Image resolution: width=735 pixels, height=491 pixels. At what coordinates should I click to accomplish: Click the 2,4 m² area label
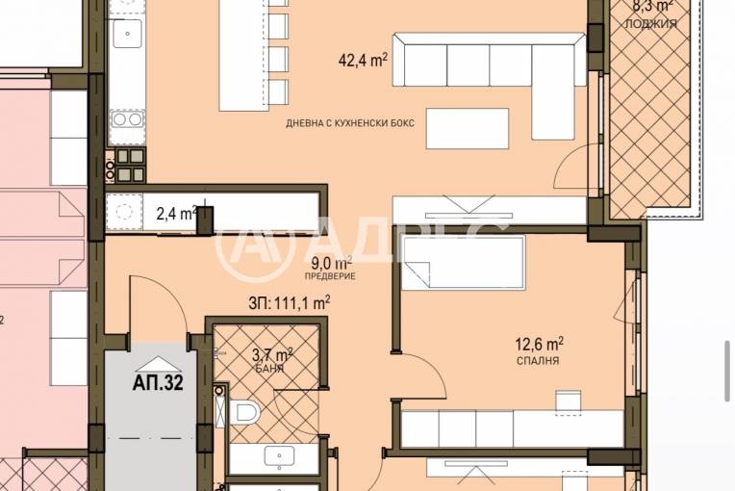pos(176,213)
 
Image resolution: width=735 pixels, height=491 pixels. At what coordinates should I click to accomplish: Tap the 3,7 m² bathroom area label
pos(272,355)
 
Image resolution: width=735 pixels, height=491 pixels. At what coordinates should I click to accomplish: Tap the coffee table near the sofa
pos(468,129)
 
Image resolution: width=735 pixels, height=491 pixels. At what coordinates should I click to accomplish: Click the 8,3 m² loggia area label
pos(651,5)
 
